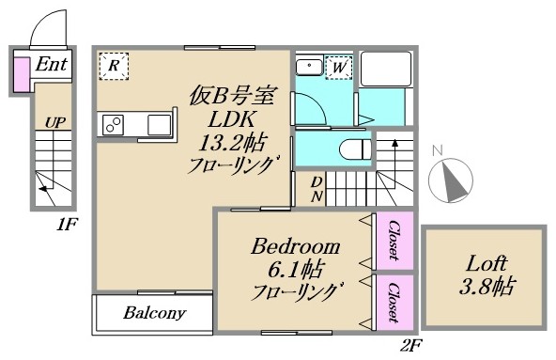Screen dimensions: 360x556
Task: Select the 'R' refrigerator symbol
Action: tap(114, 66)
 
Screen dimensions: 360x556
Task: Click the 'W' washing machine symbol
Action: tap(338, 67)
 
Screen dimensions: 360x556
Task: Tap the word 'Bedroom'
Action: tap(295, 247)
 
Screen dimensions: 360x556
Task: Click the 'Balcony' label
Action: tap(154, 313)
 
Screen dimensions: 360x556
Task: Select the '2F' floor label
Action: tap(410, 345)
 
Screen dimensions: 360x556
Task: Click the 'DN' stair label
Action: tap(318, 189)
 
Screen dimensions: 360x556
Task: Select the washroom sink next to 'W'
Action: tap(309, 66)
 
